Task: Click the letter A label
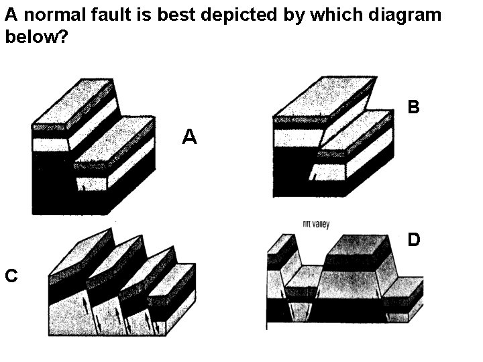click(x=190, y=137)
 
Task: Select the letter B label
click(x=414, y=107)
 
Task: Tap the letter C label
click(x=11, y=274)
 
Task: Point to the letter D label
click(x=414, y=239)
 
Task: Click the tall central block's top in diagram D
click(x=359, y=249)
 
